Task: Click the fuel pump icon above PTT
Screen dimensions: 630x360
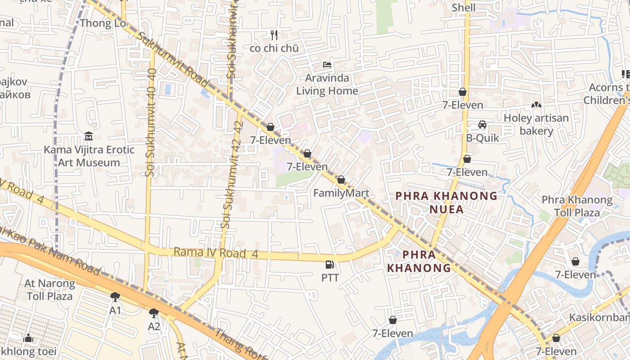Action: [330, 265]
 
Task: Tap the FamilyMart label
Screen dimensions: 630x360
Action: [341, 193]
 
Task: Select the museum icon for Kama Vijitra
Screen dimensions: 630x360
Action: [89, 136]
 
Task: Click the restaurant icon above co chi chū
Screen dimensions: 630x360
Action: [274, 35]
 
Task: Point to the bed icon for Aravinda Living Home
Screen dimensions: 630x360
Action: [327, 65]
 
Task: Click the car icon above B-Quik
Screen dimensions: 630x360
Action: [482, 125]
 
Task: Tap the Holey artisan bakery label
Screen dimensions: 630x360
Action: [536, 124]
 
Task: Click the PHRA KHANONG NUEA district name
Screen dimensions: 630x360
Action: [446, 202]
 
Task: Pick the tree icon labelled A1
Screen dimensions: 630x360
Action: [115, 297]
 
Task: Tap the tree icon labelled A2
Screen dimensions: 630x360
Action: [154, 313]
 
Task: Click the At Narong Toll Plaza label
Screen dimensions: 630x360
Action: [49, 290]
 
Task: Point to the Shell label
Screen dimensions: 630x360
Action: [463, 8]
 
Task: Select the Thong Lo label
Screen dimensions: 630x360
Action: [103, 23]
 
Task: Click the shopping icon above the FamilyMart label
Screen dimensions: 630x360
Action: [341, 180]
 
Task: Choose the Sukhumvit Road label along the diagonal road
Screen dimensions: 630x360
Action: [173, 59]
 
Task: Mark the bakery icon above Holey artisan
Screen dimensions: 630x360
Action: [536, 105]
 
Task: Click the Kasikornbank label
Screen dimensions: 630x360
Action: [599, 317]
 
